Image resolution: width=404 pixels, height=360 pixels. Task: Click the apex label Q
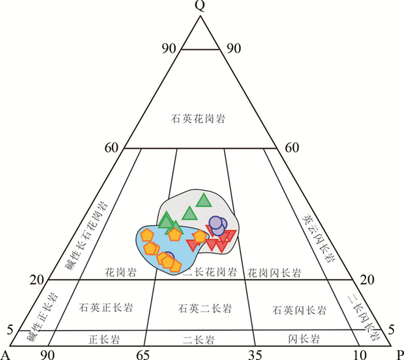tap(200, 6)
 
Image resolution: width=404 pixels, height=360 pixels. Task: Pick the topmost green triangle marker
tap(203, 200)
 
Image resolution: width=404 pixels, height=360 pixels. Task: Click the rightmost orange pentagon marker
tap(200, 236)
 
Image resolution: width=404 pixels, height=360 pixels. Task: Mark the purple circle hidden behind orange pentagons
tap(169, 258)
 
